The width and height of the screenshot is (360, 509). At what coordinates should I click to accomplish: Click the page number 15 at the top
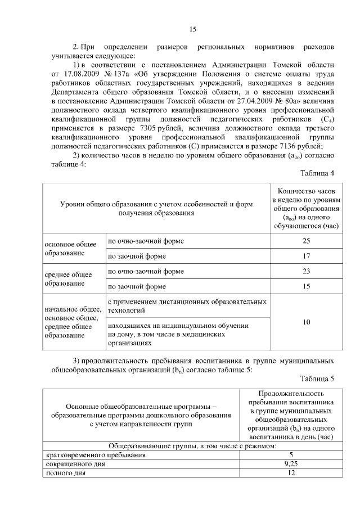coord(192,29)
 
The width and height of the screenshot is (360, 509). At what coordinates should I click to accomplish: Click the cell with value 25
coord(307,241)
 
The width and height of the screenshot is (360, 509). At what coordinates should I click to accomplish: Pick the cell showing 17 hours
coord(307,256)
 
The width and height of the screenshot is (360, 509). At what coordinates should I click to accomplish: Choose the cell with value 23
coord(307,272)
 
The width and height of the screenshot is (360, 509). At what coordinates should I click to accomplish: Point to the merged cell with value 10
coord(307,322)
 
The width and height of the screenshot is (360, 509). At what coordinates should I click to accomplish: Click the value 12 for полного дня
coord(291,474)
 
